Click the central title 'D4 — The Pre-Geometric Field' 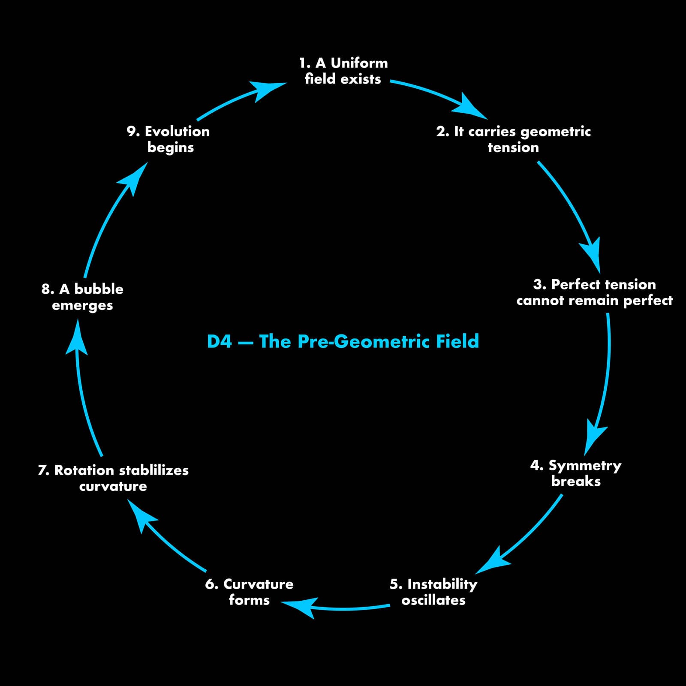point(343,341)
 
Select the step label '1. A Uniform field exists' point(343,71)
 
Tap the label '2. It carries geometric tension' point(513,139)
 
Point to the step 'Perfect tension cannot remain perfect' point(594,292)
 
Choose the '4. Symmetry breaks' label point(576,473)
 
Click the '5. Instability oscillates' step point(433,592)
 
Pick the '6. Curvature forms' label point(249,592)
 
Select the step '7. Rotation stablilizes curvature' point(113,478)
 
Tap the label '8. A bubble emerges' point(82,297)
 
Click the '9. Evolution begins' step point(168,139)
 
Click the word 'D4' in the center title point(219,341)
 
